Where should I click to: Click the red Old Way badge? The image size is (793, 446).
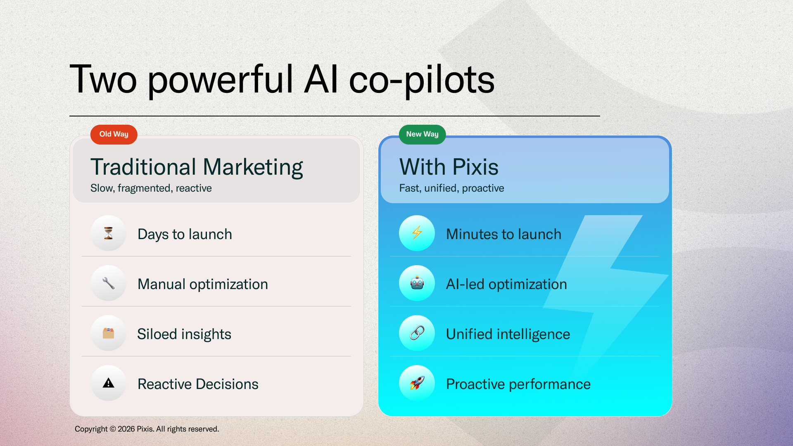tap(114, 135)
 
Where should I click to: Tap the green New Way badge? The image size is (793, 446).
tap(422, 135)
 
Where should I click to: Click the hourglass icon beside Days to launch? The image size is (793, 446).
tap(108, 233)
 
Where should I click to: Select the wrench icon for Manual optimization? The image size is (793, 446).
tap(108, 283)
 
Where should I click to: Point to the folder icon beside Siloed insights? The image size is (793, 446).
tap(108, 333)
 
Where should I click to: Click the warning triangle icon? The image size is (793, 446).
tap(108, 383)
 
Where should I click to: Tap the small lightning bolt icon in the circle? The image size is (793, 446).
tap(417, 233)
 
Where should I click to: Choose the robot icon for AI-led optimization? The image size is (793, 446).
tap(417, 283)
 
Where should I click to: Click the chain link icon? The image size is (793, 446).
tap(417, 333)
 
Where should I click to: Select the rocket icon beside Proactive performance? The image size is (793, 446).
tap(417, 383)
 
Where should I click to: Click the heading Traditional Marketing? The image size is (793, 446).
tap(197, 168)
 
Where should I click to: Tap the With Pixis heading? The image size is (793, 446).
tap(449, 167)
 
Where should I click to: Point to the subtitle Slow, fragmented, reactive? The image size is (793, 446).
tap(151, 188)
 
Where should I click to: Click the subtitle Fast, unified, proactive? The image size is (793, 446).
tap(451, 188)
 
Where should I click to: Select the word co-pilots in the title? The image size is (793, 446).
tap(422, 81)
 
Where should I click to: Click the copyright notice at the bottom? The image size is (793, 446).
tap(147, 429)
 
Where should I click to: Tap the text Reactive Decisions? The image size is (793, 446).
tap(198, 384)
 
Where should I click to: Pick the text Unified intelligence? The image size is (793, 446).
tap(508, 334)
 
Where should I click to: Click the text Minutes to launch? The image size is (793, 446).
tap(504, 234)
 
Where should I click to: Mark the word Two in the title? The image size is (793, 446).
tap(103, 79)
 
